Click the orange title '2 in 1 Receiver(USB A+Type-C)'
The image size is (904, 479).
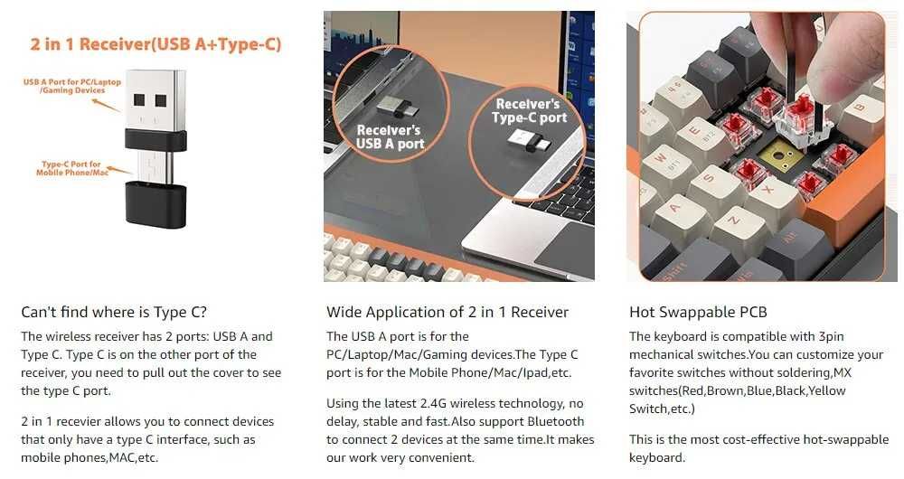[x=155, y=44]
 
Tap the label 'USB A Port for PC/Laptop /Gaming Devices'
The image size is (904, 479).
[x=72, y=86]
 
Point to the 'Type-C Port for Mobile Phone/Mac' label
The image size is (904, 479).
[x=72, y=168]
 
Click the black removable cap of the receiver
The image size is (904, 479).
[x=155, y=204]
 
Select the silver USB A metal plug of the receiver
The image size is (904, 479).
[x=155, y=101]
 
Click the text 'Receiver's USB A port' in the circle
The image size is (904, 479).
[x=390, y=137]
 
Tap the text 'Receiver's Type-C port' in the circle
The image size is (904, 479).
[x=529, y=110]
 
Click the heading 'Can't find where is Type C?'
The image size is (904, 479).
[x=114, y=312]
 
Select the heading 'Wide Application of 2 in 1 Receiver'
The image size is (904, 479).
[x=447, y=312]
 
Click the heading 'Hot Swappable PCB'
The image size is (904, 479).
[x=698, y=312]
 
